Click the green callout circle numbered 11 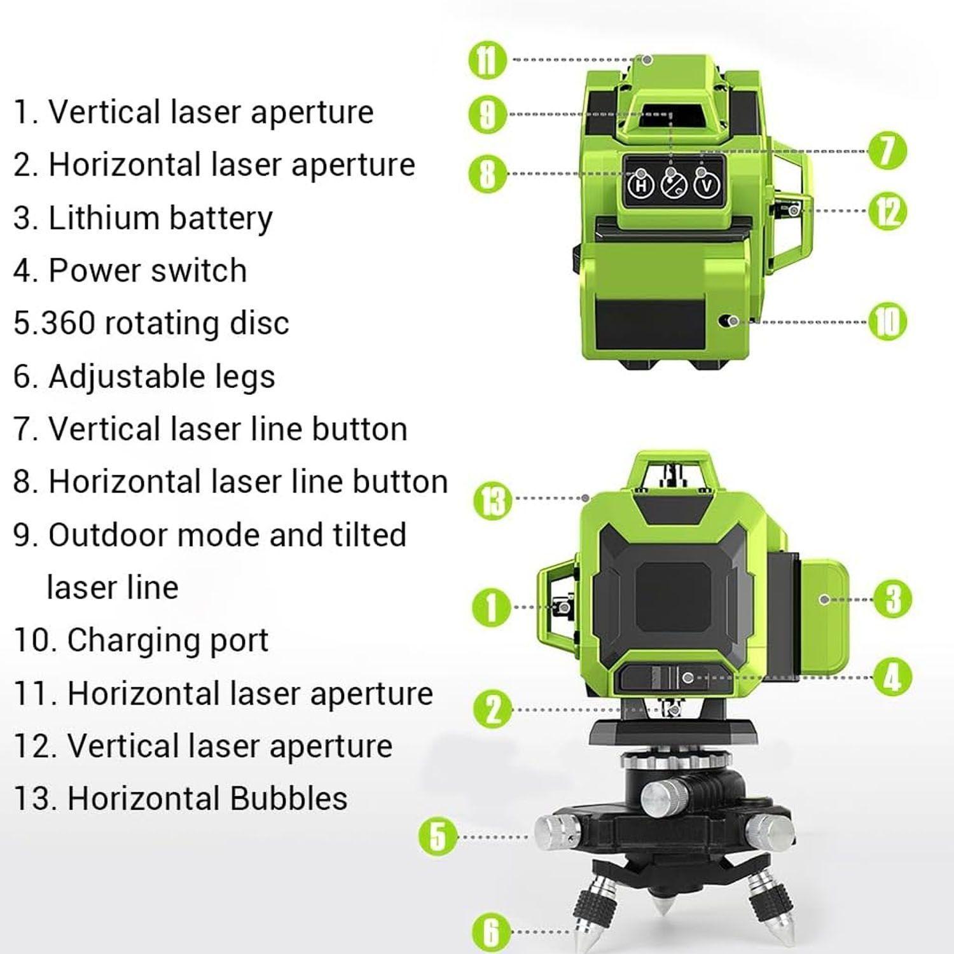click(x=487, y=60)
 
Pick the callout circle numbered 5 click(x=439, y=837)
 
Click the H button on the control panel click(x=641, y=186)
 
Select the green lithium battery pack click(x=824, y=618)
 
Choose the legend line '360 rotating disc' click(x=151, y=323)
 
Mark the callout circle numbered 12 click(x=888, y=211)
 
